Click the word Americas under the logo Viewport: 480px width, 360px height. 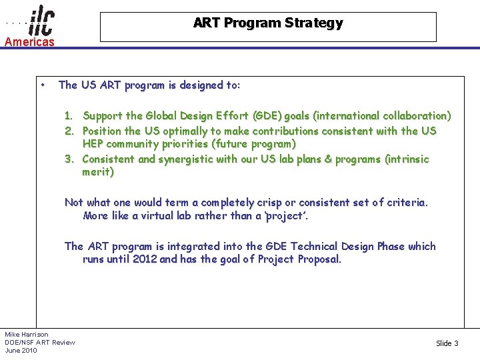[29, 42]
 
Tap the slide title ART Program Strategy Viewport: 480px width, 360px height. [268, 23]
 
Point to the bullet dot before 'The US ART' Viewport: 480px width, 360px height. [42, 85]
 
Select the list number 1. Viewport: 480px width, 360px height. [69, 116]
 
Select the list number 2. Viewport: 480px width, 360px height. [69, 131]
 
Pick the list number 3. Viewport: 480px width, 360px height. [69, 159]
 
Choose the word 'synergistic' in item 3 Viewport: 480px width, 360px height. [187, 159]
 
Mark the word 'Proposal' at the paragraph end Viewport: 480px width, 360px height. [319, 259]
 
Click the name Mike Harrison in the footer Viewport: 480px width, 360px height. [27, 334]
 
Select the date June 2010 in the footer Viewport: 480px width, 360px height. [21, 351]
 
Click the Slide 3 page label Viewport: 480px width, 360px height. [447, 343]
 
